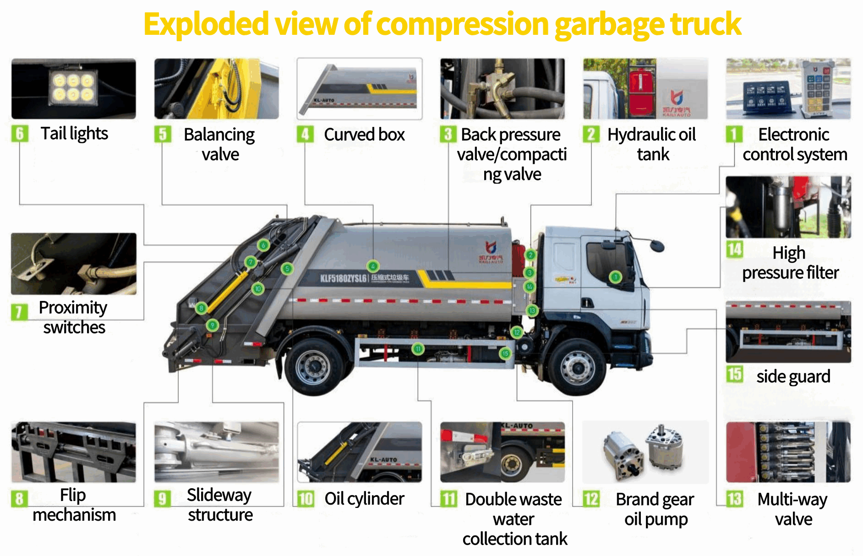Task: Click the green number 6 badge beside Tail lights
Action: click(x=20, y=134)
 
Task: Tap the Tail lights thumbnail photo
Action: click(x=73, y=88)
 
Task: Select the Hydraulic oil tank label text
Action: click(x=652, y=144)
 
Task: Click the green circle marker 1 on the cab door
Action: click(x=615, y=277)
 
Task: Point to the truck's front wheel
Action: click(x=577, y=367)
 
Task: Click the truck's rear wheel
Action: click(x=314, y=367)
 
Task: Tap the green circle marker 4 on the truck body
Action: click(x=373, y=266)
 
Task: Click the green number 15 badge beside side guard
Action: click(x=734, y=374)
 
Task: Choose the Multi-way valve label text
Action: click(x=792, y=509)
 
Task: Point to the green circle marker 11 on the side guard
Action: click(x=418, y=349)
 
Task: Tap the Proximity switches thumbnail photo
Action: click(x=73, y=263)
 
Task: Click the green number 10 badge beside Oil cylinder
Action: click(x=306, y=499)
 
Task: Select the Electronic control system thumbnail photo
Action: click(x=788, y=88)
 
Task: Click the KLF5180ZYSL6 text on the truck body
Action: click(x=343, y=278)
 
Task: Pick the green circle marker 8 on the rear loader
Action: click(x=201, y=308)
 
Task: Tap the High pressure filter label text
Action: click(x=790, y=262)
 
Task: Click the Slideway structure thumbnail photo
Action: click(x=216, y=452)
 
